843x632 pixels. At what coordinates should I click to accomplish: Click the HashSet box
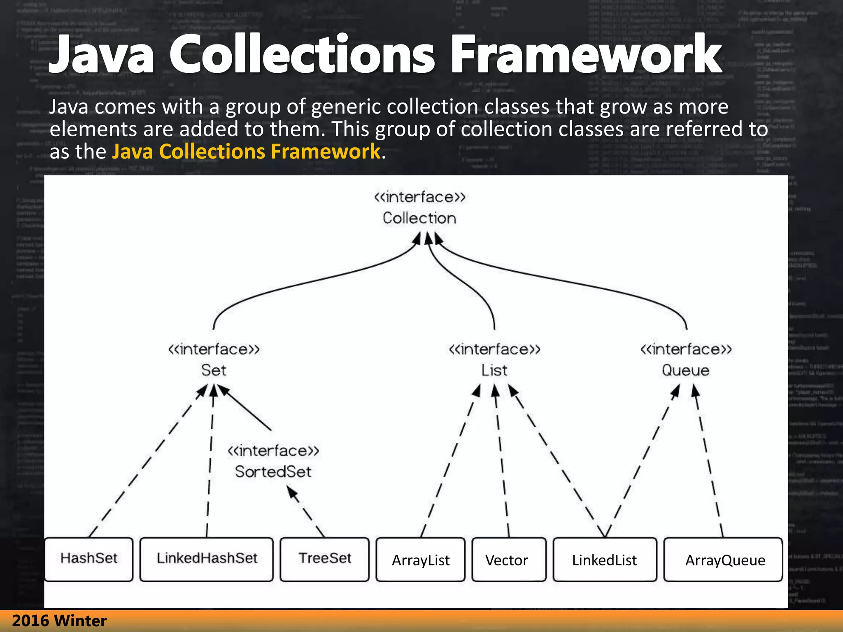[x=88, y=559]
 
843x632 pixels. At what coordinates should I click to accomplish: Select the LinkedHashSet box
[x=206, y=559]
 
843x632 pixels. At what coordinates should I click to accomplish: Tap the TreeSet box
[x=324, y=559]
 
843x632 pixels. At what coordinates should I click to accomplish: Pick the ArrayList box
[x=420, y=560]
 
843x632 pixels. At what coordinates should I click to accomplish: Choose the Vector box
[x=508, y=560]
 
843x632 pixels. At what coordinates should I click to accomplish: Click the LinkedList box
[x=604, y=560]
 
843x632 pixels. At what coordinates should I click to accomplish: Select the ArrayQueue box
[x=723, y=560]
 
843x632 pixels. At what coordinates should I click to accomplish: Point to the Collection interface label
[x=419, y=218]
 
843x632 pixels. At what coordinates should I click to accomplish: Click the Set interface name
[x=214, y=370]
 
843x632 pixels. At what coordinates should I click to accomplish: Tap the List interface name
[x=494, y=370]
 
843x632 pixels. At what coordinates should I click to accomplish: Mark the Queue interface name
[x=685, y=370]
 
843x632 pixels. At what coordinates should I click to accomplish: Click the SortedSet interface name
[x=273, y=472]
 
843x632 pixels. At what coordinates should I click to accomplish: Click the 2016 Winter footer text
[x=59, y=620]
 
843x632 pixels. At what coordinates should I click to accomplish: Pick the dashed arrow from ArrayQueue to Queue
[x=709, y=461]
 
